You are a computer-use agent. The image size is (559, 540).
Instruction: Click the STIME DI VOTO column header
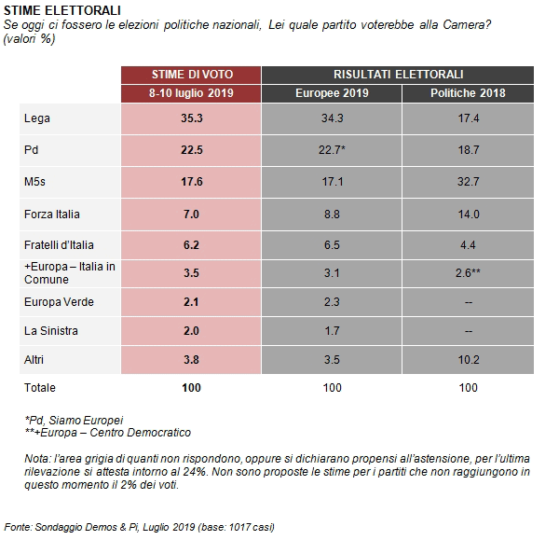point(192,75)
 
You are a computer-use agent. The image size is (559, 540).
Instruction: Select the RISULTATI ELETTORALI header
point(398,75)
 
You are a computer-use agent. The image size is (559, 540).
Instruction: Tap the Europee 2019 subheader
point(332,92)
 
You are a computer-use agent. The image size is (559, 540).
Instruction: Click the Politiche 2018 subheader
point(468,92)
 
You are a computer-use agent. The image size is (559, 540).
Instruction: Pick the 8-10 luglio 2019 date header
point(191,92)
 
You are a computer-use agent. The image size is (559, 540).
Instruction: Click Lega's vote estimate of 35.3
point(191,118)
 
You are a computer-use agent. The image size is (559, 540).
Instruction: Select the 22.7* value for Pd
point(332,149)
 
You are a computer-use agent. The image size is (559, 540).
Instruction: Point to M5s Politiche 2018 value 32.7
point(468,182)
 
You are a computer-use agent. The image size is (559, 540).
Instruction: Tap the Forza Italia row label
point(51,215)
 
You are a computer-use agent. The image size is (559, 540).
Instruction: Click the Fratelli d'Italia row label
point(59,245)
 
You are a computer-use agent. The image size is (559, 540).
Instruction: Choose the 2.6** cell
point(468,273)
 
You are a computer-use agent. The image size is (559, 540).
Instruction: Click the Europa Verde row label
point(59,302)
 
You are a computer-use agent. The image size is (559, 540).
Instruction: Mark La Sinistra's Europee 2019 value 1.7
point(332,331)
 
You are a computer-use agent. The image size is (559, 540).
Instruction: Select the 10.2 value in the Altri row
point(468,360)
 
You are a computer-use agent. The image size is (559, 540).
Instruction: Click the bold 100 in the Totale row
point(191,388)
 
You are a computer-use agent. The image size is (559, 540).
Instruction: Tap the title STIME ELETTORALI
point(62,10)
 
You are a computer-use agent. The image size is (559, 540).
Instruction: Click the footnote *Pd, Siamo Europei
point(74,421)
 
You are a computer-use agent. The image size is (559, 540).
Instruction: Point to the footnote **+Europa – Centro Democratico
point(108,433)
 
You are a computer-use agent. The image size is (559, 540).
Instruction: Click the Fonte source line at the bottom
point(140,527)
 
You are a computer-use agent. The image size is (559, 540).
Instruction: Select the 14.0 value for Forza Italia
point(468,215)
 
